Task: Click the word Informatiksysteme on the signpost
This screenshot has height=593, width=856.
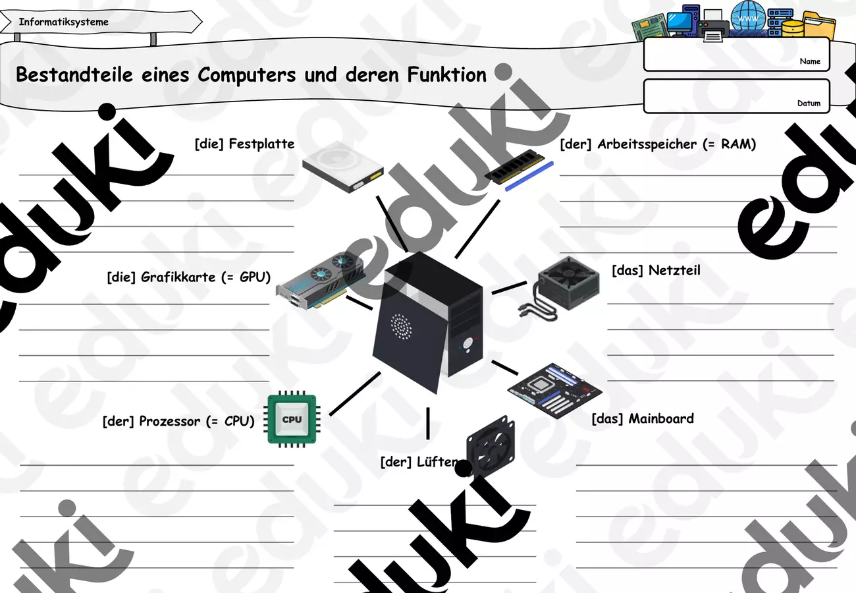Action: [63, 22]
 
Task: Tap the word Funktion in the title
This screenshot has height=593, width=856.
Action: [446, 74]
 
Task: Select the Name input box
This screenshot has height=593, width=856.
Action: [736, 54]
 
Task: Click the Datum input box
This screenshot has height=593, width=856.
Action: [736, 96]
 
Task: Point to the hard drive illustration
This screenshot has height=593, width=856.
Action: [343, 167]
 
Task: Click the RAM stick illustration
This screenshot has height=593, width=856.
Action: [519, 171]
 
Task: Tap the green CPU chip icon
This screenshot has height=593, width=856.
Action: [292, 419]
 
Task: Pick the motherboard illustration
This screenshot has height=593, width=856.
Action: [554, 391]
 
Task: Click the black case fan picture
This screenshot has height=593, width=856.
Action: [491, 445]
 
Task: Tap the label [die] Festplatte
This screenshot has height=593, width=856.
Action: [244, 144]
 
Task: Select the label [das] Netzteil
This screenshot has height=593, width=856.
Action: [656, 270]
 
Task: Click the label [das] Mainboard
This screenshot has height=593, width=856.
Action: [643, 418]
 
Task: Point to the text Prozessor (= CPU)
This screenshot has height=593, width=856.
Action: [197, 421]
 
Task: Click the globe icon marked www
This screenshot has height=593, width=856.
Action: [748, 17]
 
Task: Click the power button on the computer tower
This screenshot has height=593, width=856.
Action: [468, 344]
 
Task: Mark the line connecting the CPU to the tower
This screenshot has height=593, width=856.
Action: [355, 394]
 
